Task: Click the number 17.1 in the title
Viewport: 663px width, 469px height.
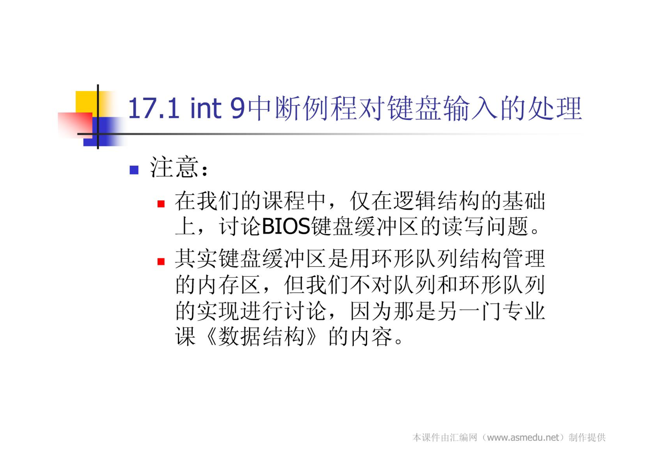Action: click(154, 108)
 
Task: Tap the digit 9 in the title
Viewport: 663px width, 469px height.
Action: click(238, 108)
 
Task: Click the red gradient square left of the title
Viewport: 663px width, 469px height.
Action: click(75, 125)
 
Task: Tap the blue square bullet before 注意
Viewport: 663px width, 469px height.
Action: click(134, 170)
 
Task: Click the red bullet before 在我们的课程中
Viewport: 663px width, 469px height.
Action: click(161, 204)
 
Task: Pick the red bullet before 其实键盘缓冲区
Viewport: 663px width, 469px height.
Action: click(161, 261)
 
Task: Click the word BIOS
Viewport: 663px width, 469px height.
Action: click(286, 227)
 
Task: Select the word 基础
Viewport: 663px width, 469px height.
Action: click(524, 201)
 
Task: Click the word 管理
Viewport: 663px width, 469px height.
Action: click(524, 258)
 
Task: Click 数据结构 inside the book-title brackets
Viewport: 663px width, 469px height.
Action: click(261, 336)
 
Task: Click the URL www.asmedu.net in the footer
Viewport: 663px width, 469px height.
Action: click(523, 438)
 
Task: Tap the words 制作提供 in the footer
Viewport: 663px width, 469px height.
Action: click(587, 437)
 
